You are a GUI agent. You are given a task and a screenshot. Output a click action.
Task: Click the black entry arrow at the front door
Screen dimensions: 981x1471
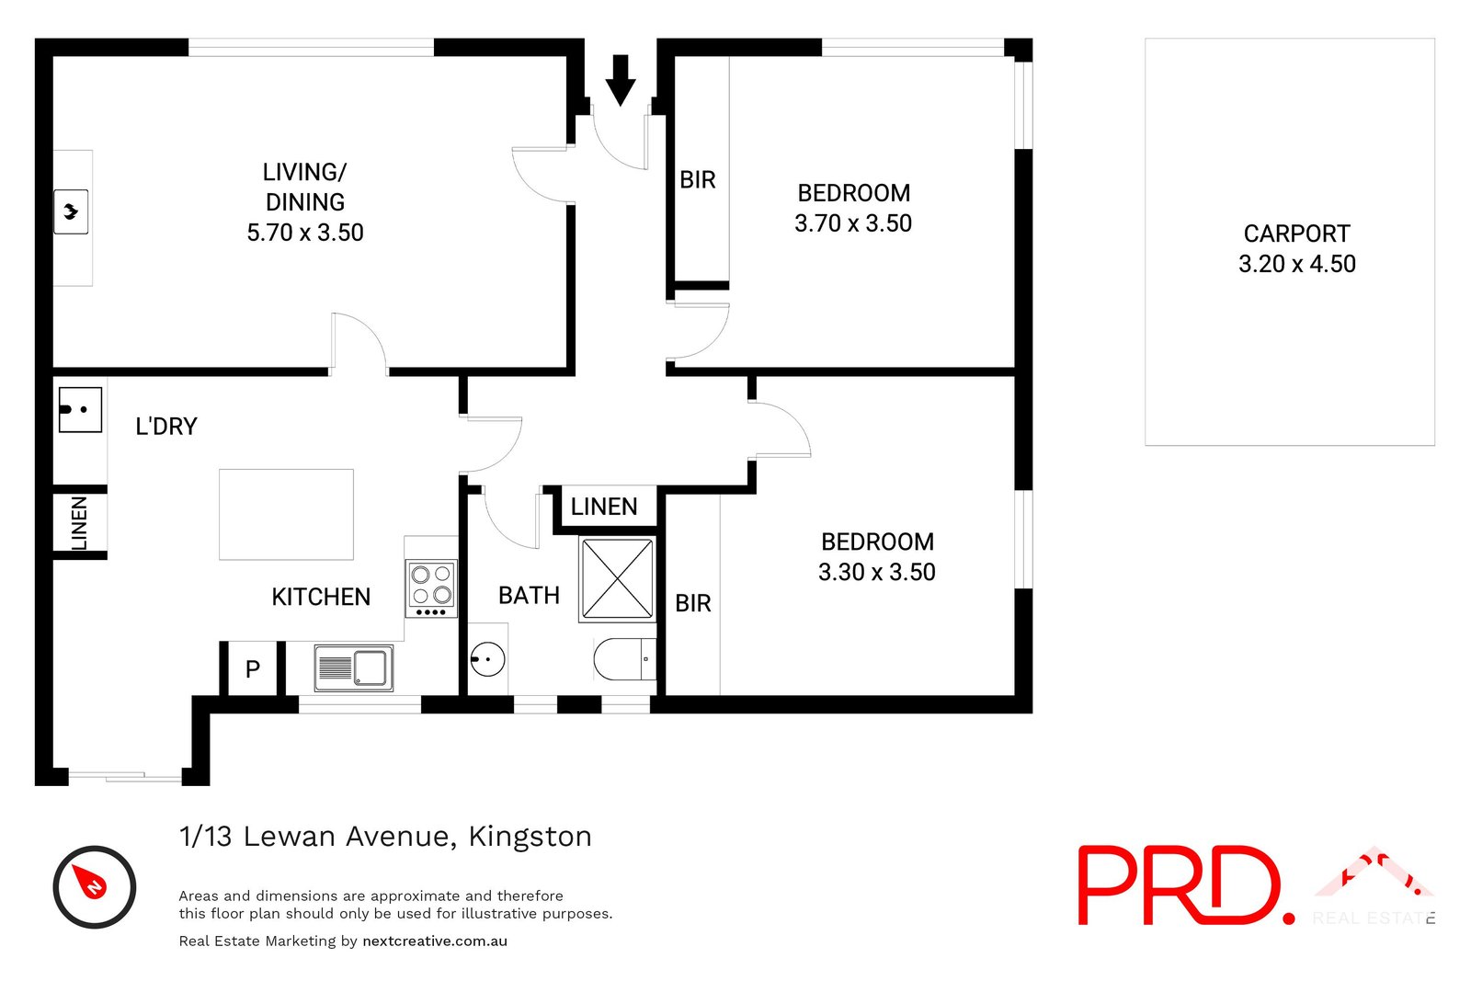click(x=621, y=80)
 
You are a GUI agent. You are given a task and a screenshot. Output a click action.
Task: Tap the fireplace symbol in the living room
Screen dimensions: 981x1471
click(x=71, y=212)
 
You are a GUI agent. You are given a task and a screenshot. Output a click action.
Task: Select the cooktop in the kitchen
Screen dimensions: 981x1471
click(x=431, y=588)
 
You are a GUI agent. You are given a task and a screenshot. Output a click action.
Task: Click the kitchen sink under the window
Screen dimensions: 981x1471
click(x=354, y=667)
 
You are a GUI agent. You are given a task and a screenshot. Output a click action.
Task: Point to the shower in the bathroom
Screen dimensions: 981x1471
click(x=617, y=579)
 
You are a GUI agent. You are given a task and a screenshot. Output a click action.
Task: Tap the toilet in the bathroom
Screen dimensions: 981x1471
click(x=621, y=659)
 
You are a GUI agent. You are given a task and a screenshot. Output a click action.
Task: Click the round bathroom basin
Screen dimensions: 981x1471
click(x=487, y=658)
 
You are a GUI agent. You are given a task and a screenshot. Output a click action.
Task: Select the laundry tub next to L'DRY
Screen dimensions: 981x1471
click(x=80, y=409)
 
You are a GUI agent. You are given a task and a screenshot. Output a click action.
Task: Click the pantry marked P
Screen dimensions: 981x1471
click(x=253, y=669)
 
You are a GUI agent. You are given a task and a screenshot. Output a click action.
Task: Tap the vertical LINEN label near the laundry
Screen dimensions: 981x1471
click(x=80, y=523)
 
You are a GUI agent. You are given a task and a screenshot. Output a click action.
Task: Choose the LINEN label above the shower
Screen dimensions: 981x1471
click(x=604, y=507)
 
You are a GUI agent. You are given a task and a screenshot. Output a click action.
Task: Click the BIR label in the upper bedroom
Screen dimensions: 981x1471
click(x=698, y=180)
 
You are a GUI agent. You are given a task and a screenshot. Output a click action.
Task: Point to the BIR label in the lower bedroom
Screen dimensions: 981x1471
click(x=693, y=603)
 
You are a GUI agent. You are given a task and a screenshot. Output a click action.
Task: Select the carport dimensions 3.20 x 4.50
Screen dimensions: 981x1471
click(x=1296, y=264)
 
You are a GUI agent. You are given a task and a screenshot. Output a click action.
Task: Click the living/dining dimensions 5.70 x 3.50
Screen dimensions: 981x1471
click(x=305, y=233)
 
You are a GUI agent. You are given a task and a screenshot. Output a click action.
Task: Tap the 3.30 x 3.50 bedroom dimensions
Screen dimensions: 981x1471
click(x=877, y=572)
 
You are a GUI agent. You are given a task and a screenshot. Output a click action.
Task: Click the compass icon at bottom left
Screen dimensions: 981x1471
click(x=94, y=886)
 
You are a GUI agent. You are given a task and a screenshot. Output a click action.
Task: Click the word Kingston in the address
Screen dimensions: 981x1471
click(x=530, y=837)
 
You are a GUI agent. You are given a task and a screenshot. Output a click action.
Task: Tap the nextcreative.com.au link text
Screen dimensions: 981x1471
click(x=435, y=941)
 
